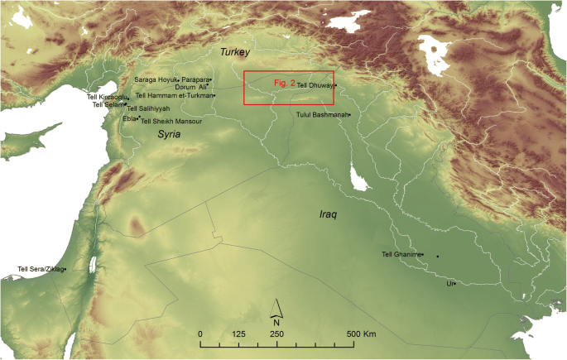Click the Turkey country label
click(234, 52)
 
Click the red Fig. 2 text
click(284, 83)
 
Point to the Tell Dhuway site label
click(315, 85)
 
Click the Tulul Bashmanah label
click(322, 114)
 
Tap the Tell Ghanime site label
click(402, 255)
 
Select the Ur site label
click(449, 283)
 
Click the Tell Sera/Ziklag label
click(41, 269)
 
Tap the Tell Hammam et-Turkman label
click(174, 95)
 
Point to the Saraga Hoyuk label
click(156, 79)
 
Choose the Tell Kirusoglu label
click(108, 96)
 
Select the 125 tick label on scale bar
click(238, 334)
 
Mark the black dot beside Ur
click(455, 284)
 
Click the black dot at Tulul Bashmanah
click(350, 114)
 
